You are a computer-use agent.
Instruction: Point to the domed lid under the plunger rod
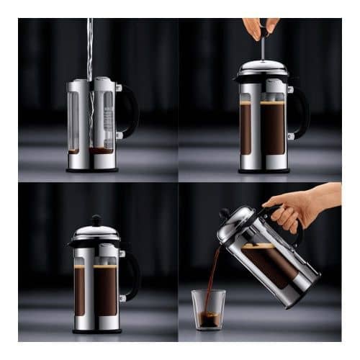pos(262,68)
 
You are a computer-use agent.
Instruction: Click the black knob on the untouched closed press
pos(96,220)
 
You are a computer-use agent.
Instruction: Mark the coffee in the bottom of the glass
pos(208,320)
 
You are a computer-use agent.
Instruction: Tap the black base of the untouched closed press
pos(96,330)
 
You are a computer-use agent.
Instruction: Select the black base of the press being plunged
pos(263,170)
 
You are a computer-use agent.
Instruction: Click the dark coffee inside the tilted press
pos(270,263)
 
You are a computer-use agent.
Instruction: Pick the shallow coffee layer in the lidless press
pos(100,150)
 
